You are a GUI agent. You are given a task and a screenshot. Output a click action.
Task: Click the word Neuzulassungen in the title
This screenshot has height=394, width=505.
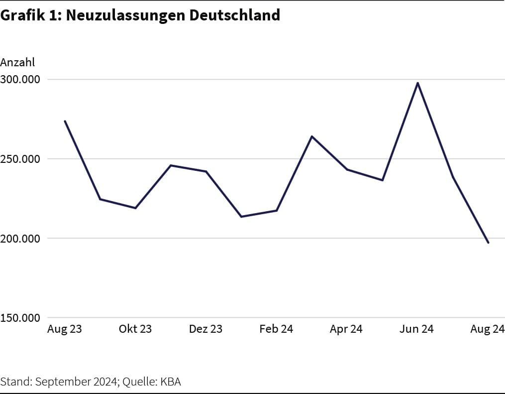click(x=125, y=15)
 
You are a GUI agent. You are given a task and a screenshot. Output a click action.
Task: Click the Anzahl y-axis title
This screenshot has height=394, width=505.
click(x=17, y=62)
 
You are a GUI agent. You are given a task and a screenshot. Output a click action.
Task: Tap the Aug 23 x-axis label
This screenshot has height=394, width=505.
click(x=65, y=329)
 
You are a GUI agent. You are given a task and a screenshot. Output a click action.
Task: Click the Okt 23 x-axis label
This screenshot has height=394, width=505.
click(x=135, y=329)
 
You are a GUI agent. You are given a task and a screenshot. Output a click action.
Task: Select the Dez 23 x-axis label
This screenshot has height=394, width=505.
click(x=205, y=329)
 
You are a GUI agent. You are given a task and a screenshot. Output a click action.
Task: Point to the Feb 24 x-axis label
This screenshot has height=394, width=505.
click(x=276, y=329)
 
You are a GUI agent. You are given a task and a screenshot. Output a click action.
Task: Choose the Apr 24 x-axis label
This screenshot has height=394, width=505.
click(x=346, y=329)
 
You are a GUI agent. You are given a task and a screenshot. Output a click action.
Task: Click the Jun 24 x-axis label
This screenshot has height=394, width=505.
click(x=417, y=329)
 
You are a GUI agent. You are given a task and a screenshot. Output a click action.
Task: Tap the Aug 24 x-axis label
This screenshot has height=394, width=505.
click(x=488, y=329)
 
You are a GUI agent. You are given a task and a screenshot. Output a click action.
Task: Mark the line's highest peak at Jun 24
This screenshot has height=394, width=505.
click(x=417, y=83)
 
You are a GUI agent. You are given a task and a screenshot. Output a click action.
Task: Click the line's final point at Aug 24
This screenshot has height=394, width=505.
click(x=488, y=243)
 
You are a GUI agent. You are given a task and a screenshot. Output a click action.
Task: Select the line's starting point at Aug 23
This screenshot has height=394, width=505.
click(x=65, y=121)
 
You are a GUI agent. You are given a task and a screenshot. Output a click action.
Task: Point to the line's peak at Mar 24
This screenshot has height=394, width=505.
click(x=311, y=136)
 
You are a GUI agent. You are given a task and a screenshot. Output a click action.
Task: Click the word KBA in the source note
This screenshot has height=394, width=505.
click(x=170, y=382)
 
